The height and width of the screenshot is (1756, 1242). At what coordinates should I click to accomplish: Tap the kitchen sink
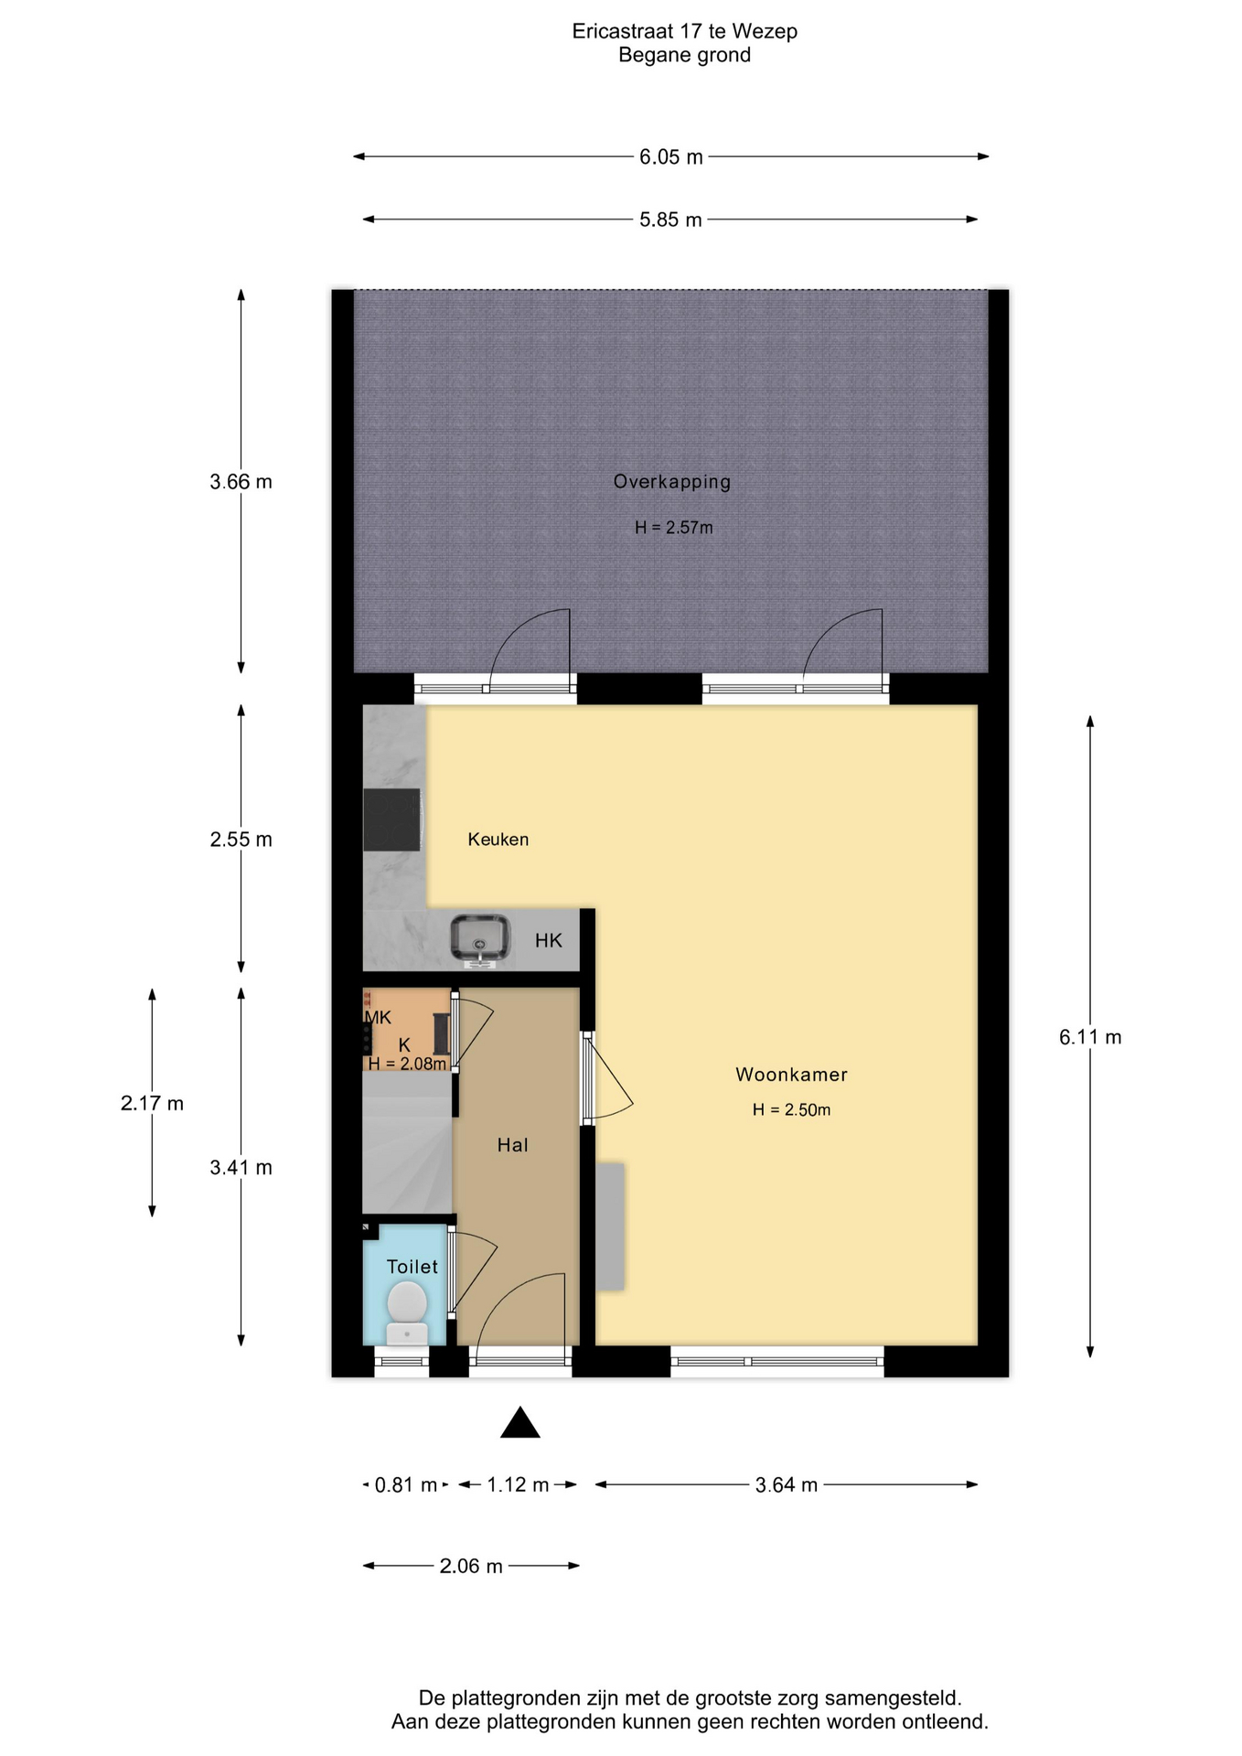[480, 939]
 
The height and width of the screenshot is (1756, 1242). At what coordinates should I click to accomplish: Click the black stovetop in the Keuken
[392, 819]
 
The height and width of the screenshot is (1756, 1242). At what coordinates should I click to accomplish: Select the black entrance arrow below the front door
[520, 1422]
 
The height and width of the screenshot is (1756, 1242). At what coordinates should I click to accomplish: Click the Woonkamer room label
[792, 1075]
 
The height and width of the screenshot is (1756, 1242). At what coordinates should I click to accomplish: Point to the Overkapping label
[672, 482]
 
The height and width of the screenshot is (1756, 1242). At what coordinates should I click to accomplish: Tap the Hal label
[513, 1145]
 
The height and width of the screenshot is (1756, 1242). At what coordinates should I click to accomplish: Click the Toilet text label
[412, 1267]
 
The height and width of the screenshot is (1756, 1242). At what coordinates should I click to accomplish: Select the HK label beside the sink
[549, 940]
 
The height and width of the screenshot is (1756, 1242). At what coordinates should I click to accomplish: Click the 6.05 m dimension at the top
[671, 157]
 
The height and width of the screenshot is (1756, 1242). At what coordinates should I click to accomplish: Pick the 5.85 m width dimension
[670, 220]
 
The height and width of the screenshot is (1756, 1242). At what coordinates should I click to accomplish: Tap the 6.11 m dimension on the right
[1090, 1037]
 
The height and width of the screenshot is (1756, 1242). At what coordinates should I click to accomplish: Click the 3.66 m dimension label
[241, 482]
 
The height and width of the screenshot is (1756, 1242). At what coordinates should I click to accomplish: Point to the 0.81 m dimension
[406, 1485]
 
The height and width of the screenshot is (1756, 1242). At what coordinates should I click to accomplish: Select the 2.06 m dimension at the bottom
[471, 1567]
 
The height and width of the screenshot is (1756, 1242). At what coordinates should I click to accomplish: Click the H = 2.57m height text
[674, 528]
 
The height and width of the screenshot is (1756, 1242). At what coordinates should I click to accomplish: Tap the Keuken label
[498, 840]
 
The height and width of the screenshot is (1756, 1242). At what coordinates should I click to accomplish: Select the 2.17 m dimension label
[152, 1104]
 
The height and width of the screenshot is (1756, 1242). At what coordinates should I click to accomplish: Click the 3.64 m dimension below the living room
[787, 1485]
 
